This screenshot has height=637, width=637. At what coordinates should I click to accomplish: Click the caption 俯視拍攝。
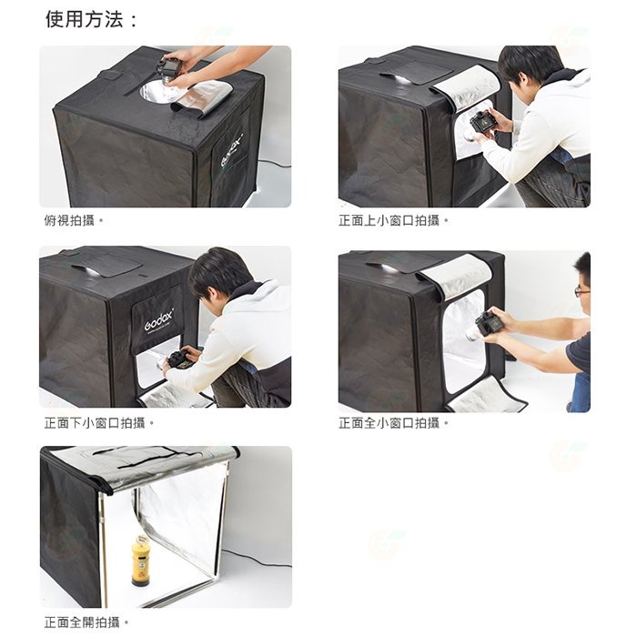[74, 221]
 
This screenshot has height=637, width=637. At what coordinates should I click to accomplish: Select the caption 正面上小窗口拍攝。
[394, 221]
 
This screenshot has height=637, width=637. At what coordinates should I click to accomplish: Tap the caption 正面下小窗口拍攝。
[99, 423]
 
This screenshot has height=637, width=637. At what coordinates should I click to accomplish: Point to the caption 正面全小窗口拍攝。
[394, 423]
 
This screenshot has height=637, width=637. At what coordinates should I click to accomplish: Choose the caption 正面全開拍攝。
[86, 622]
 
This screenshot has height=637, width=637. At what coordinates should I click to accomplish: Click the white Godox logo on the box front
[158, 318]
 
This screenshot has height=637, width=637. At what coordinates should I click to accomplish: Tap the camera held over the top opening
[169, 68]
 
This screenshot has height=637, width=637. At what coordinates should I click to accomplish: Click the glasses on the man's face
[581, 292]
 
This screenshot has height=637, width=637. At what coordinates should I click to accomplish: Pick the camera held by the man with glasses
[490, 322]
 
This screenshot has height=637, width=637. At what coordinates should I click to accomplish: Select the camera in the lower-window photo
[179, 359]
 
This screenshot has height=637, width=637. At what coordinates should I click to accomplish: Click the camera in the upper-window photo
[482, 121]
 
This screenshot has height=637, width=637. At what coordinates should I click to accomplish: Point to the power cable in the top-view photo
[273, 166]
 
